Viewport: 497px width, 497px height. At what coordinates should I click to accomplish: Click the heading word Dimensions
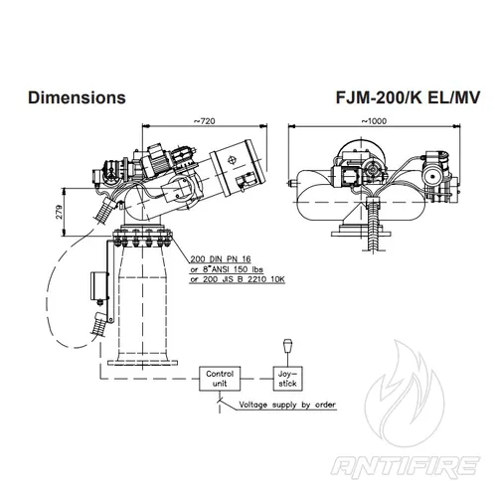tap(77, 98)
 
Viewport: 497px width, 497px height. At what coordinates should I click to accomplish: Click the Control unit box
tap(219, 377)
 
